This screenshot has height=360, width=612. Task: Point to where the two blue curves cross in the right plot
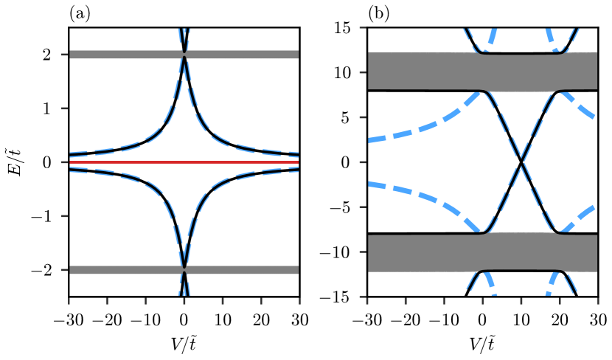pyautogui.click(x=521, y=162)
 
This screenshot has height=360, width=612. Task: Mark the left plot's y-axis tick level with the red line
pyautogui.click(x=64, y=162)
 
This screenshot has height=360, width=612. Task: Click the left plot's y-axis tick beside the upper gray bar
pyautogui.click(x=64, y=55)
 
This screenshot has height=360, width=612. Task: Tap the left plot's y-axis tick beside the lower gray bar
pyautogui.click(x=64, y=270)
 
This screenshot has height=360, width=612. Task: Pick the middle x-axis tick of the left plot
pyautogui.click(x=184, y=301)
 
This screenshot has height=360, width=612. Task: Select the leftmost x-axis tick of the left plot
pyautogui.click(x=69, y=301)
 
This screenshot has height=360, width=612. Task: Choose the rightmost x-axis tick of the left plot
pyautogui.click(x=299, y=301)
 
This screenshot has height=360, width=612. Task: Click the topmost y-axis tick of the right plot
pyautogui.click(x=363, y=27)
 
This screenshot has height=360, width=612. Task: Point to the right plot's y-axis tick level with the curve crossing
pyautogui.click(x=363, y=162)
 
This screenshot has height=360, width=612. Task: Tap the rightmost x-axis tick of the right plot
pyautogui.click(x=597, y=301)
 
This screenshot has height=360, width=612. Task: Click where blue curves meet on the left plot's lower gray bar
pyautogui.click(x=184, y=270)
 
